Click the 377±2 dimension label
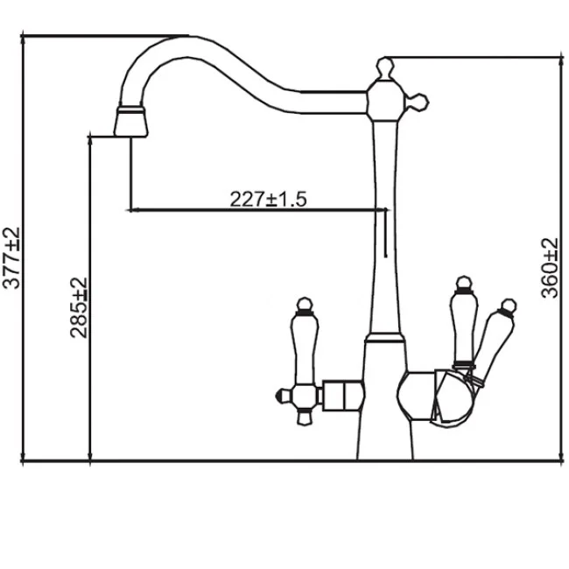(11, 258)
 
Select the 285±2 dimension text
(79, 308)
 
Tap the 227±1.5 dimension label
(268, 200)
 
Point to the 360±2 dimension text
(550, 268)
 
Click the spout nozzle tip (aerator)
(131, 123)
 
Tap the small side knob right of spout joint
(418, 102)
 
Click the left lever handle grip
(305, 348)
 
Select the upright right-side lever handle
(463, 327)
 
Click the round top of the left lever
(305, 304)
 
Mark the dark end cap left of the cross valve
(281, 396)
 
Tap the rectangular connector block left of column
(343, 396)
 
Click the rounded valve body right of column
(418, 396)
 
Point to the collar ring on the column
(384, 339)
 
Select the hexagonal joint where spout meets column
(384, 101)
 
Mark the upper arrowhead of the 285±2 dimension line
(90, 140)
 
